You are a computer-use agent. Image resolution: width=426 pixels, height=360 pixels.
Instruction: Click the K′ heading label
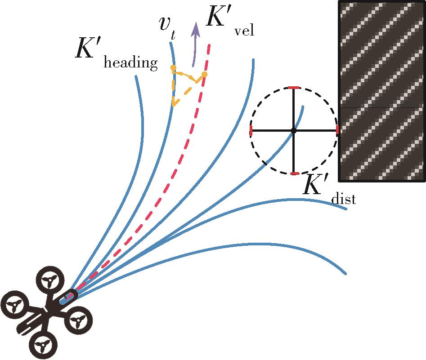point(116,54)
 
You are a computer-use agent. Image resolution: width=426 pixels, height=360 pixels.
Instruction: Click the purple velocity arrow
point(195,45)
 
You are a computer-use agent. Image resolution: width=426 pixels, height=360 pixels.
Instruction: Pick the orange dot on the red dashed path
point(204,74)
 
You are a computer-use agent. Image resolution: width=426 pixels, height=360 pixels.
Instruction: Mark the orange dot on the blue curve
point(173,68)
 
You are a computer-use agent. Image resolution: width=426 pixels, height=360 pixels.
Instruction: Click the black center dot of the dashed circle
point(294,130)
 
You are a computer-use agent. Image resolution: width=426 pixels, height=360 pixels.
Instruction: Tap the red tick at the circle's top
point(294,87)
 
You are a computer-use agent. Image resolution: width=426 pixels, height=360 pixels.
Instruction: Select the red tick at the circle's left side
point(251,131)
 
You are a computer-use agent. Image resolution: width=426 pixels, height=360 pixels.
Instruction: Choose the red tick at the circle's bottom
point(294,173)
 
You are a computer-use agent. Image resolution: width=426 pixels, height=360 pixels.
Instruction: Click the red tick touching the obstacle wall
point(337,130)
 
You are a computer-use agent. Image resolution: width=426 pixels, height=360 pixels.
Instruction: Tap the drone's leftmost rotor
point(15,308)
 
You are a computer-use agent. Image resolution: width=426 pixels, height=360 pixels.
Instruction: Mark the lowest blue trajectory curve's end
point(345,273)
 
